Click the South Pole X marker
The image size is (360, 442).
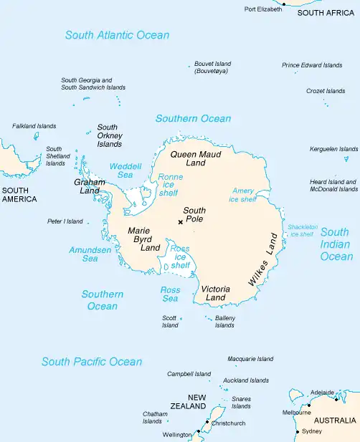[x=180, y=222]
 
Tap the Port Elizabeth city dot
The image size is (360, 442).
[x=283, y=4]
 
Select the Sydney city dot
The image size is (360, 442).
[x=298, y=431]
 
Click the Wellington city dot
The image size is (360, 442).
[x=199, y=433]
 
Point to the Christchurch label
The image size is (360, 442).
[x=228, y=423]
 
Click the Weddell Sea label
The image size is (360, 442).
[x=121, y=170]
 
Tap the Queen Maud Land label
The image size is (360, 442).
[x=195, y=158]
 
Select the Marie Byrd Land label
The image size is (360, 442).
[x=143, y=239]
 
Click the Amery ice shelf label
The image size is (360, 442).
[x=243, y=195]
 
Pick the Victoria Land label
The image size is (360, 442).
[x=215, y=293]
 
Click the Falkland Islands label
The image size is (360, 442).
[x=34, y=126]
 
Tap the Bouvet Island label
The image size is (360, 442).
[x=213, y=67]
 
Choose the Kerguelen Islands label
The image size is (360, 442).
[x=333, y=149]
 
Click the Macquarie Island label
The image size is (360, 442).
[x=250, y=358]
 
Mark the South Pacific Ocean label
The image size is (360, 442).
[x=92, y=362]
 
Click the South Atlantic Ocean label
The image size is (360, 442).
[x=117, y=34]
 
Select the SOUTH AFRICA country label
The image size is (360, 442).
[x=326, y=13]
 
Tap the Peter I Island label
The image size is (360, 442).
[x=65, y=221]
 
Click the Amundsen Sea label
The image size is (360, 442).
[x=90, y=254]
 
